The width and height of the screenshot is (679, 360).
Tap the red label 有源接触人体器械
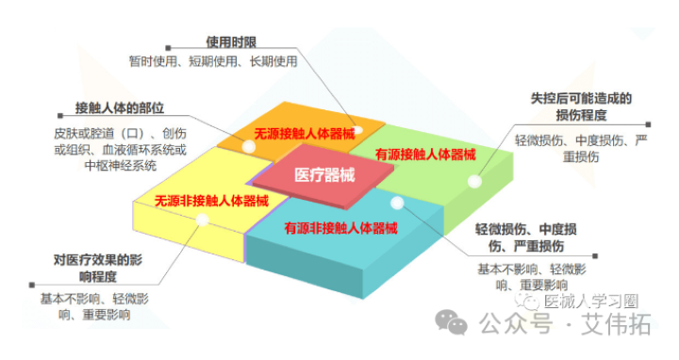(424, 154)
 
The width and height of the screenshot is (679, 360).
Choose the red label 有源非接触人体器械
(340, 227)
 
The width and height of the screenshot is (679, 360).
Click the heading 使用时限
(232, 42)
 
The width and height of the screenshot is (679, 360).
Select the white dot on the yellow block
(202, 221)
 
